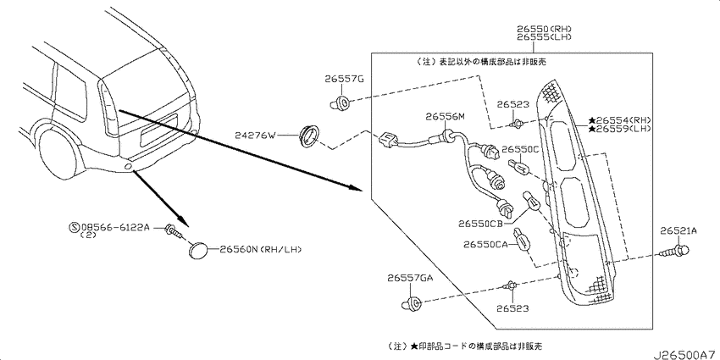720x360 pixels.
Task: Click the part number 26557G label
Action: pos(345,79)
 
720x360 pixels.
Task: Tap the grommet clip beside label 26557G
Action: pos(340,102)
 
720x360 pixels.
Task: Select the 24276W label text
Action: pos(255,136)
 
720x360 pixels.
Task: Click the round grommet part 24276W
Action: pos(308,136)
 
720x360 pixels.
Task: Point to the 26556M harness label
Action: pos(445,117)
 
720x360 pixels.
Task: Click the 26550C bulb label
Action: pos(520,150)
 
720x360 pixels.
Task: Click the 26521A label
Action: pos(678,231)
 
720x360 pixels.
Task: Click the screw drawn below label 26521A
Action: pos(674,252)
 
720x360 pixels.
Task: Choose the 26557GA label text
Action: pos(410,278)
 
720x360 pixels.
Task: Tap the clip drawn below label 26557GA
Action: pos(413,303)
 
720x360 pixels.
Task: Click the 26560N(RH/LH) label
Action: pos(260,250)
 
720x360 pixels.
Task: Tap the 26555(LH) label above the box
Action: pos(545,36)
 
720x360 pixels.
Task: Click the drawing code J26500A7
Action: pos(685,355)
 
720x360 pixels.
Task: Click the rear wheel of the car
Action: pos(57,151)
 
